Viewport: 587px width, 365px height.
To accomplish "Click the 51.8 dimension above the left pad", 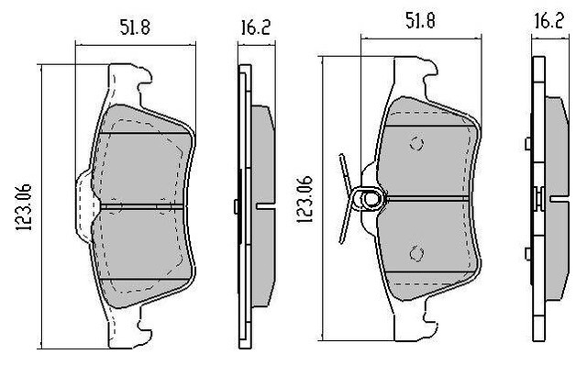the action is pos(135,28).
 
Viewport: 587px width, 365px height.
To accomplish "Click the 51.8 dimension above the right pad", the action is pos(420,20).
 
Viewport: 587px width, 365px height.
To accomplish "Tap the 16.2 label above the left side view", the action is pos(255,28).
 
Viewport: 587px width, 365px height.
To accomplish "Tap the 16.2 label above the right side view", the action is pos(548,20).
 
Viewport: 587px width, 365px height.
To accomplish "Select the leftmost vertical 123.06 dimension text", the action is pos(24,207).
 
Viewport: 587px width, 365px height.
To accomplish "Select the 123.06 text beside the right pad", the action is pos(305,200).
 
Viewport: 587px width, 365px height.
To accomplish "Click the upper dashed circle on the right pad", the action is pos(416,144).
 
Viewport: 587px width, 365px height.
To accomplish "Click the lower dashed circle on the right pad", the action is pos(416,254).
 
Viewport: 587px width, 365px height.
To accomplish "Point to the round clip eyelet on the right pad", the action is pos(371,199).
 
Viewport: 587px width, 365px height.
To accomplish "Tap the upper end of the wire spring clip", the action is pos(341,155).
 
